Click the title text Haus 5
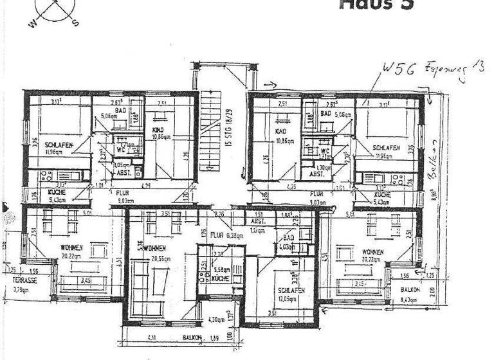click(x=377, y=4)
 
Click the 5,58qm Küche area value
click(x=221, y=270)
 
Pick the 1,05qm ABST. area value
click(x=122, y=165)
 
